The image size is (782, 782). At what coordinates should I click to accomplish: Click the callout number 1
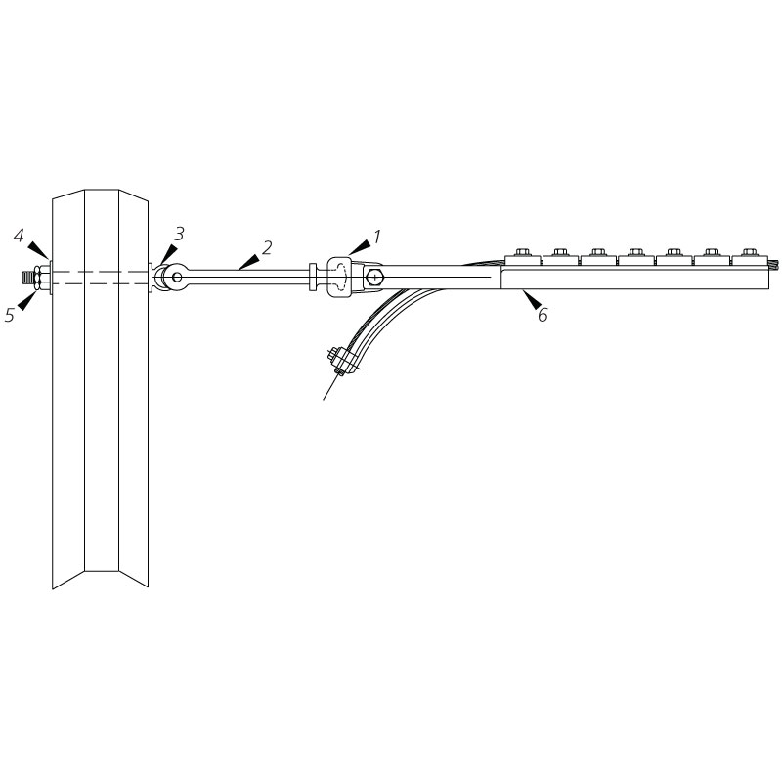click(x=377, y=236)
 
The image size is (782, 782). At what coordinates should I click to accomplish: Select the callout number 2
click(x=267, y=246)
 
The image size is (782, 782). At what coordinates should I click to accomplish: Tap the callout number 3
click(x=179, y=233)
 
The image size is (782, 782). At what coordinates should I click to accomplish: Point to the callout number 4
click(x=19, y=235)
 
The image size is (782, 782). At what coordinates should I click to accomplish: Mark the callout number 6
click(x=542, y=315)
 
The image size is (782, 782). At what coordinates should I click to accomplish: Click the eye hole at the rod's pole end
click(x=176, y=278)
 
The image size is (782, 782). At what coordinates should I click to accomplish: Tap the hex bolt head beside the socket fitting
click(x=378, y=278)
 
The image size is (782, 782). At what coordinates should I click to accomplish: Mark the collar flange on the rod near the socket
click(x=313, y=277)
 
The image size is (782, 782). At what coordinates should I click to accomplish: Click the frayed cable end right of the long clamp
click(x=770, y=263)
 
